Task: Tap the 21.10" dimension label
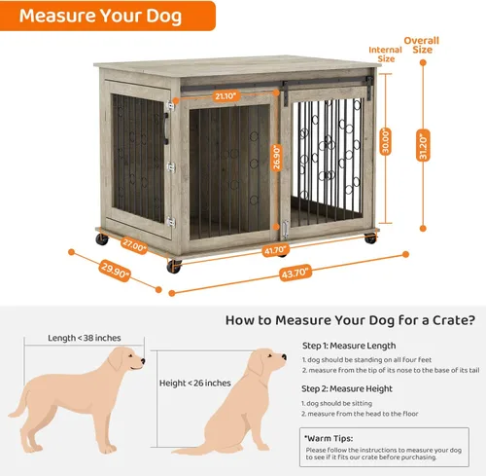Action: click(226, 95)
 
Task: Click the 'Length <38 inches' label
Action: click(84, 338)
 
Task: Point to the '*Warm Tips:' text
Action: click(327, 438)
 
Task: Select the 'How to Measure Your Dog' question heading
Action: click(350, 319)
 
